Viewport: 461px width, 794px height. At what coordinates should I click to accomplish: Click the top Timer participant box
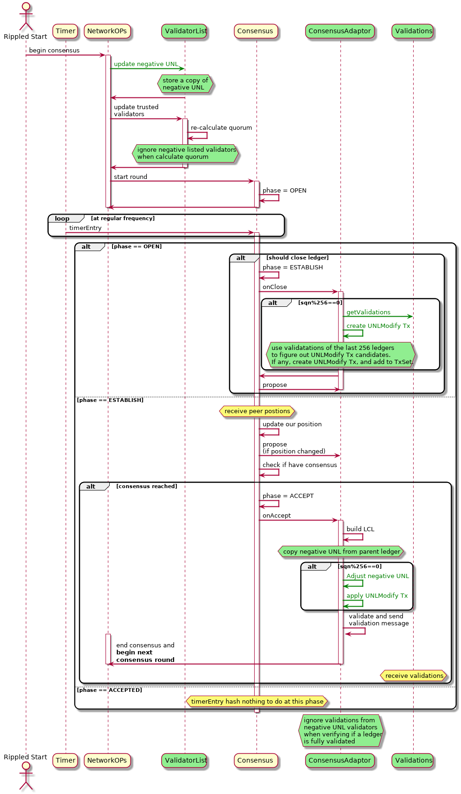coord(65,31)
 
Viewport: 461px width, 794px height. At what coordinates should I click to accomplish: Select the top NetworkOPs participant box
coord(107,31)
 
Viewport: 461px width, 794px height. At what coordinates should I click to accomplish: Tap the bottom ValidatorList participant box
coord(185,760)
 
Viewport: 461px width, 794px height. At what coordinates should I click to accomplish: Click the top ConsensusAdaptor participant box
coord(340,31)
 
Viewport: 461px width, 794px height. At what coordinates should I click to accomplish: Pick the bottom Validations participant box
coord(413,760)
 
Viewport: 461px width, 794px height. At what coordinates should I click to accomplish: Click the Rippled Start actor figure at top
coord(26,16)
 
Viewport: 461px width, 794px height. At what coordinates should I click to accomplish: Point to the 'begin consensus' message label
coord(54,51)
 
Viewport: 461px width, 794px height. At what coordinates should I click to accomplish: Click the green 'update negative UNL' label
coord(146,64)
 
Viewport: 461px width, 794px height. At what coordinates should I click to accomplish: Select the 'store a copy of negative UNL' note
coord(185,84)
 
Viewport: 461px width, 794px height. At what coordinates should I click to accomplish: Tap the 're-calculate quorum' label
coord(221,128)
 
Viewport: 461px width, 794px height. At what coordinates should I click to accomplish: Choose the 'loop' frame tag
coord(62,219)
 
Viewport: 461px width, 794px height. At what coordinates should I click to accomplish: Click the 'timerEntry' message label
coord(85,228)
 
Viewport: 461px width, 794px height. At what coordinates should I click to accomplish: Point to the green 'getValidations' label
coord(368,312)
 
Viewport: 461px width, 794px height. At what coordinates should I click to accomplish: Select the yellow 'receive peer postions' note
coord(257,411)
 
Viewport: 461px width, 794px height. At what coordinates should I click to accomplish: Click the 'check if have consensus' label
coord(299,465)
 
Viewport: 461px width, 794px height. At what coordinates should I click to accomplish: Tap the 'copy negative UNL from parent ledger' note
coord(341,552)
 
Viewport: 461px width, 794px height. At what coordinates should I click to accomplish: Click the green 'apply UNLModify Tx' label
coord(377,596)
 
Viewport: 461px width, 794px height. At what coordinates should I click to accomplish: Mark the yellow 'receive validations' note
coord(414,675)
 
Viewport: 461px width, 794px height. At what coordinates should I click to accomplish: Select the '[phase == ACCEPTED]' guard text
coord(109,690)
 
